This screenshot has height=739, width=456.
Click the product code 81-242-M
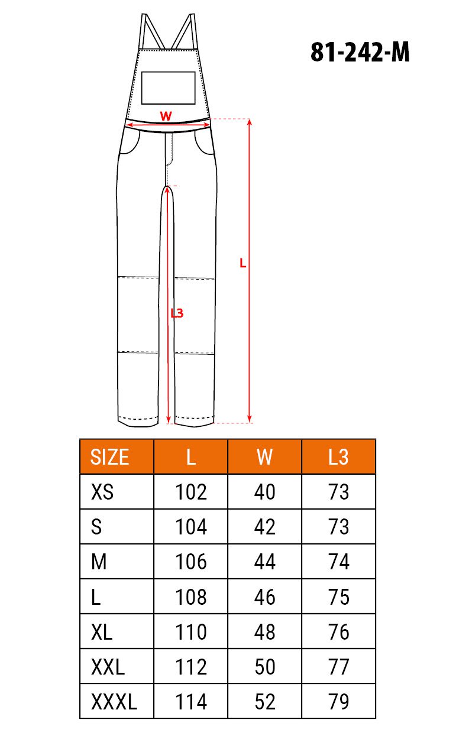360,52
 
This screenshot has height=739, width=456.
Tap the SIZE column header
109,457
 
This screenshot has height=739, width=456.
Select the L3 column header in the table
338,457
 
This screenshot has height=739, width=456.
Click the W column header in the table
264,457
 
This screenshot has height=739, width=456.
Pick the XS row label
102,492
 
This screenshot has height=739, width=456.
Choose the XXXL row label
114,702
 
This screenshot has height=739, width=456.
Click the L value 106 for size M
191,562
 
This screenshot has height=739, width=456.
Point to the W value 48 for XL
264,632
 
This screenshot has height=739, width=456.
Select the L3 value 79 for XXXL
338,702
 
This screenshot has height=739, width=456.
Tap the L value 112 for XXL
191,667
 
